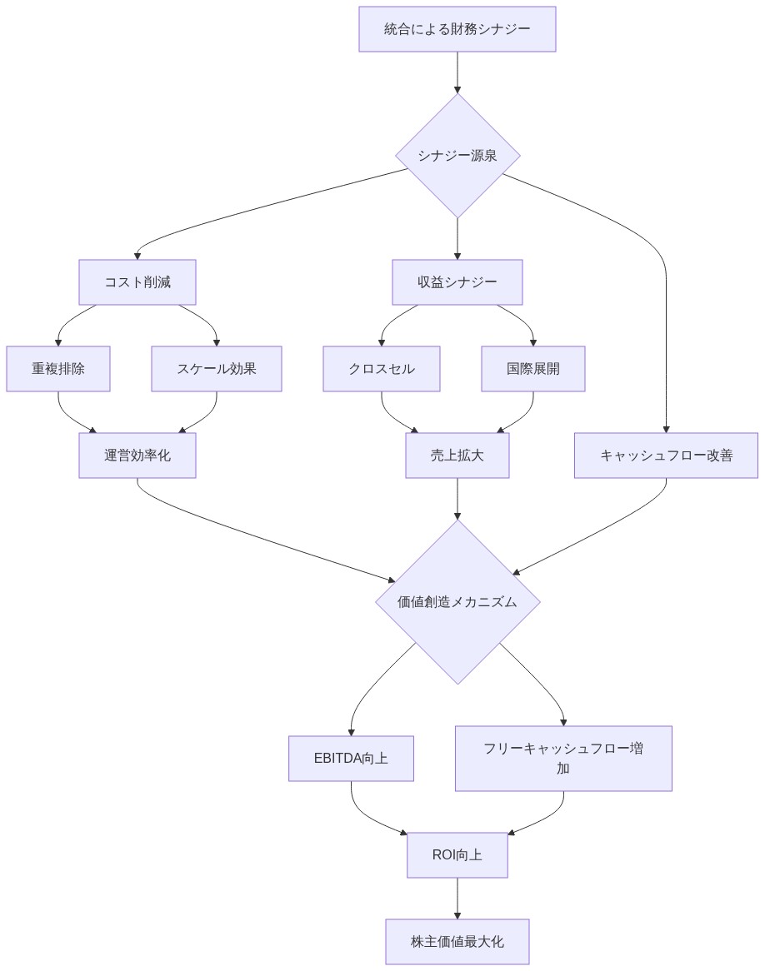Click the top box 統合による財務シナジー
coord(457,29)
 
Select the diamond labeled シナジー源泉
coord(457,156)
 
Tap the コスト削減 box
coord(137,282)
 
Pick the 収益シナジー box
coord(457,282)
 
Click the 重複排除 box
coord(58,369)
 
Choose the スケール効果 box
coord(217,369)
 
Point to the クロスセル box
coord(382,369)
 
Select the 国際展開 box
coord(533,369)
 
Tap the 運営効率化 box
coord(137,456)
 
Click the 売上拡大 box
coord(457,456)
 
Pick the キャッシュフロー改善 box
coord(666,456)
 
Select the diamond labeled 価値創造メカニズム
coord(457,602)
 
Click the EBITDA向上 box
coord(351,759)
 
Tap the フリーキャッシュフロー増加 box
coord(563,759)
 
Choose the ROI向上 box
coord(457,855)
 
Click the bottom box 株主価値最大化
coord(457,942)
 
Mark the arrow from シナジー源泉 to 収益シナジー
coord(457,238)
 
